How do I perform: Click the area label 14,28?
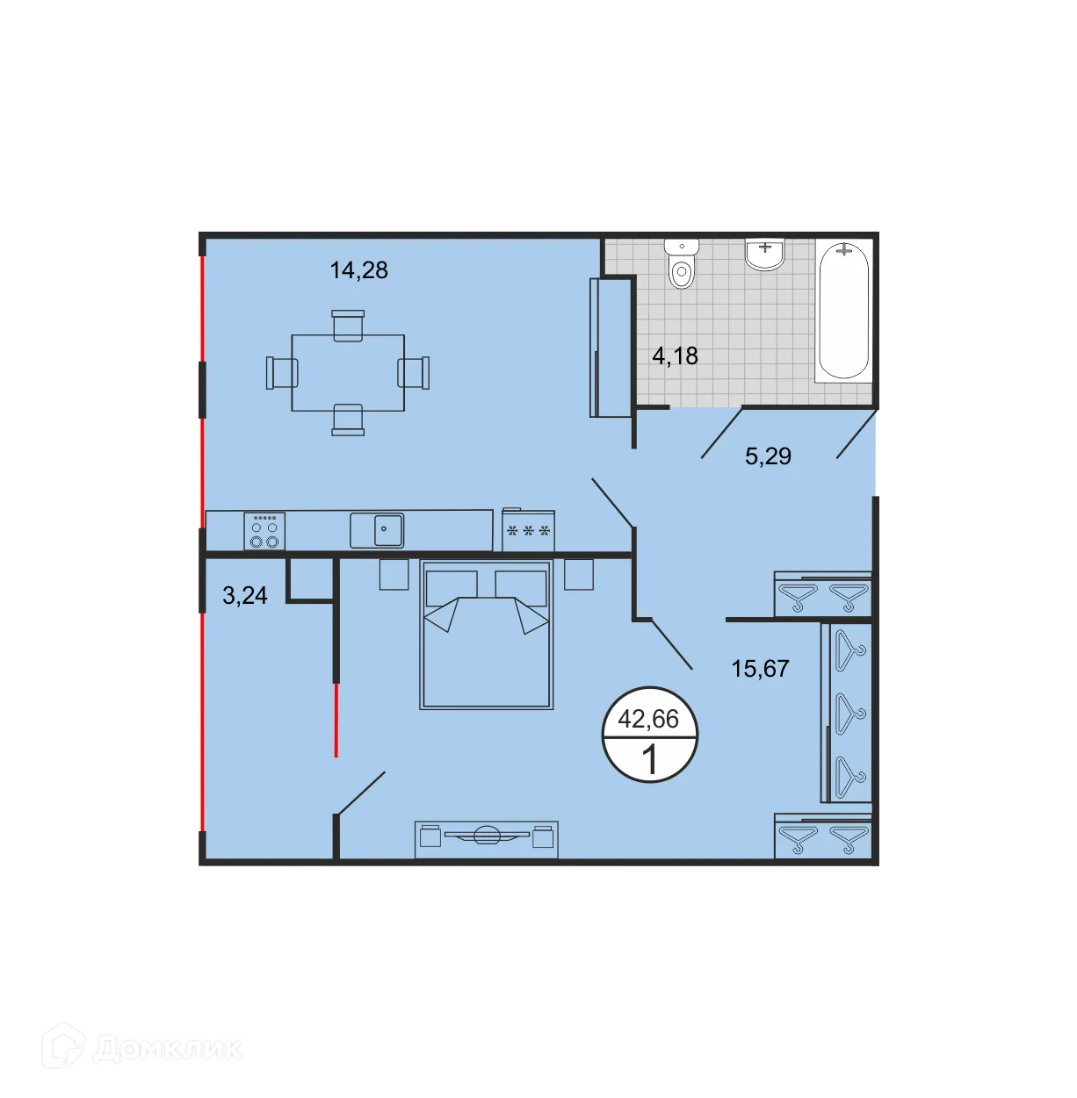pyautogui.click(x=358, y=270)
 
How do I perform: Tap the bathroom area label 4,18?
pyautogui.click(x=675, y=355)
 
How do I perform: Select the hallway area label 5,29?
pyautogui.click(x=768, y=456)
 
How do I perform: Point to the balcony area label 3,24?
pyautogui.click(x=245, y=596)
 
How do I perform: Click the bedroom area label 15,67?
pyautogui.click(x=760, y=669)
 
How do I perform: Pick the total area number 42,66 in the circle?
pyautogui.click(x=648, y=720)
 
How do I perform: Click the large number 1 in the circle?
pyautogui.click(x=649, y=759)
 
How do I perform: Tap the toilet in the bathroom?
pyautogui.click(x=682, y=263)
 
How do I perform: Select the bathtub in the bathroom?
pyautogui.click(x=843, y=309)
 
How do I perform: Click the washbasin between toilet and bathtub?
pyautogui.click(x=764, y=254)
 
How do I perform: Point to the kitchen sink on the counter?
pyautogui.click(x=377, y=530)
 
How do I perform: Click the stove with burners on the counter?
pyautogui.click(x=264, y=532)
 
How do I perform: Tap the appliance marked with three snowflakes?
pyautogui.click(x=528, y=531)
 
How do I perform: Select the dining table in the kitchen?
pyautogui.click(x=348, y=372)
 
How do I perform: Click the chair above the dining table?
pyautogui.click(x=348, y=324)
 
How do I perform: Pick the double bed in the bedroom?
pyautogui.click(x=487, y=635)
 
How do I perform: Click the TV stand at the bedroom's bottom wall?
pyautogui.click(x=486, y=838)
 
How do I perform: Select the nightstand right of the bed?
pyautogui.click(x=578, y=575)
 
